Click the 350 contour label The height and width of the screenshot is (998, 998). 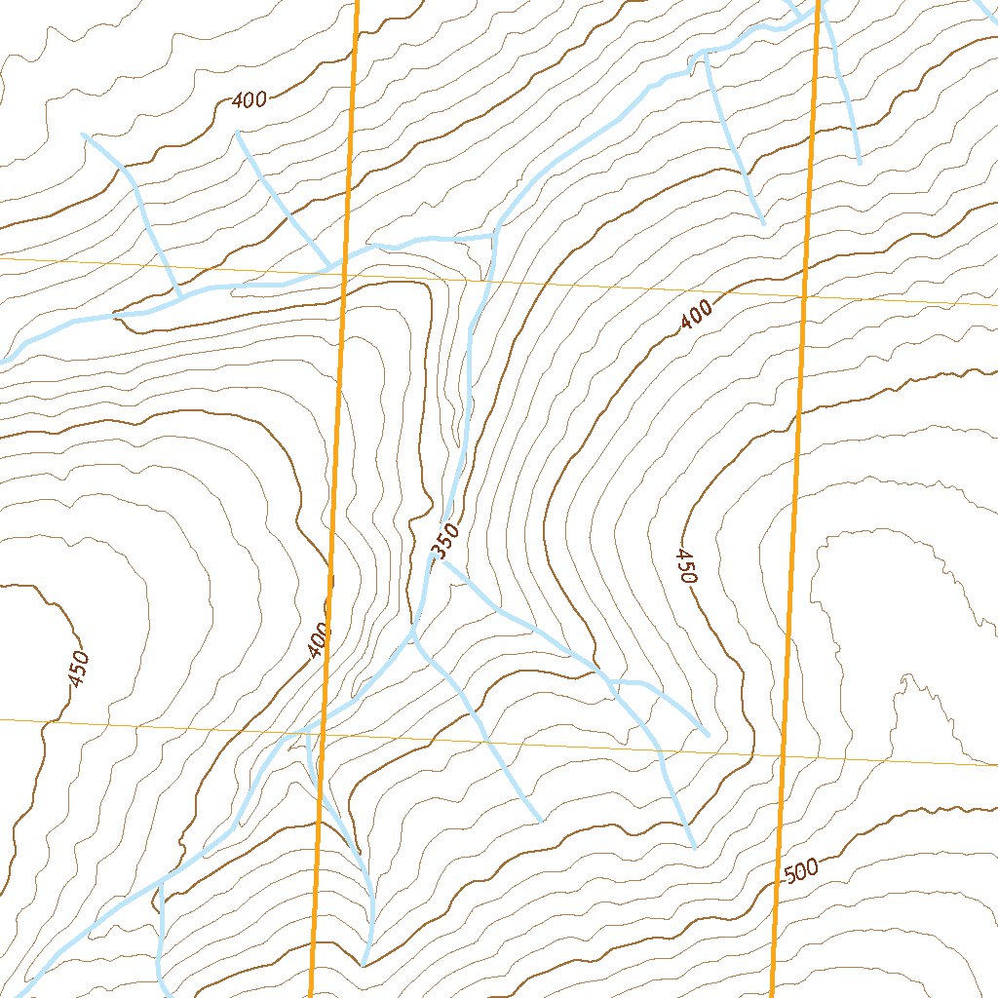(443, 543)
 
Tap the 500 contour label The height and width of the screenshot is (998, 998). (800, 870)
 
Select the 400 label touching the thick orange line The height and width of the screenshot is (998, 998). (318, 640)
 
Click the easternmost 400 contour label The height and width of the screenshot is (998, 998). (697, 314)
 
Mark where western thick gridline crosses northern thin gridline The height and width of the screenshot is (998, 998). (343, 272)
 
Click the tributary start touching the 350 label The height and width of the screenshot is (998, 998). (444, 561)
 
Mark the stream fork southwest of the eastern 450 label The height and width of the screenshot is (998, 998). (610, 680)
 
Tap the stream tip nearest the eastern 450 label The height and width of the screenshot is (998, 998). (707, 733)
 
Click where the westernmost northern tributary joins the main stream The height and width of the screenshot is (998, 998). (179, 291)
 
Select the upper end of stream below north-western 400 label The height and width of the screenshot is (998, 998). (238, 132)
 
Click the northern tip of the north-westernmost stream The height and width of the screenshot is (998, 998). (84, 134)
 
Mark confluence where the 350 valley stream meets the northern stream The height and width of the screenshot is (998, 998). (494, 234)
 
